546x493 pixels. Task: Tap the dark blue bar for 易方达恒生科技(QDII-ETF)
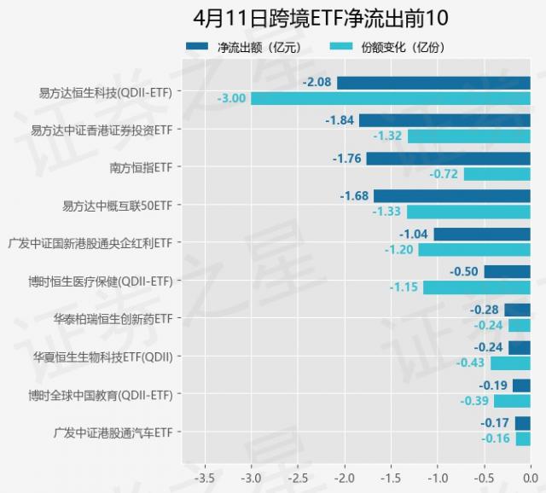[x=433, y=83]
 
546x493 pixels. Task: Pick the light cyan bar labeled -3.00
[x=391, y=99]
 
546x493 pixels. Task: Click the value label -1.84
[x=340, y=120]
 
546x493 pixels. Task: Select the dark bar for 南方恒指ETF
[x=448, y=158]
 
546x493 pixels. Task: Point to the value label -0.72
[x=444, y=174]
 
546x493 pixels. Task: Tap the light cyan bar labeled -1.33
[x=468, y=212]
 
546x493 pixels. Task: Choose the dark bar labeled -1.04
[x=482, y=234]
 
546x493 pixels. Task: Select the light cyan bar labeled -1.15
[x=477, y=287]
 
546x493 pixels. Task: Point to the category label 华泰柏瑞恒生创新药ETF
[x=113, y=318]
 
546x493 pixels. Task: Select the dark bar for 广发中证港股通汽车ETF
[x=522, y=423]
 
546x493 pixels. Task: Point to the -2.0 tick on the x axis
[x=345, y=476]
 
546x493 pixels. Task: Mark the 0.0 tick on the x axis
[x=530, y=476]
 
